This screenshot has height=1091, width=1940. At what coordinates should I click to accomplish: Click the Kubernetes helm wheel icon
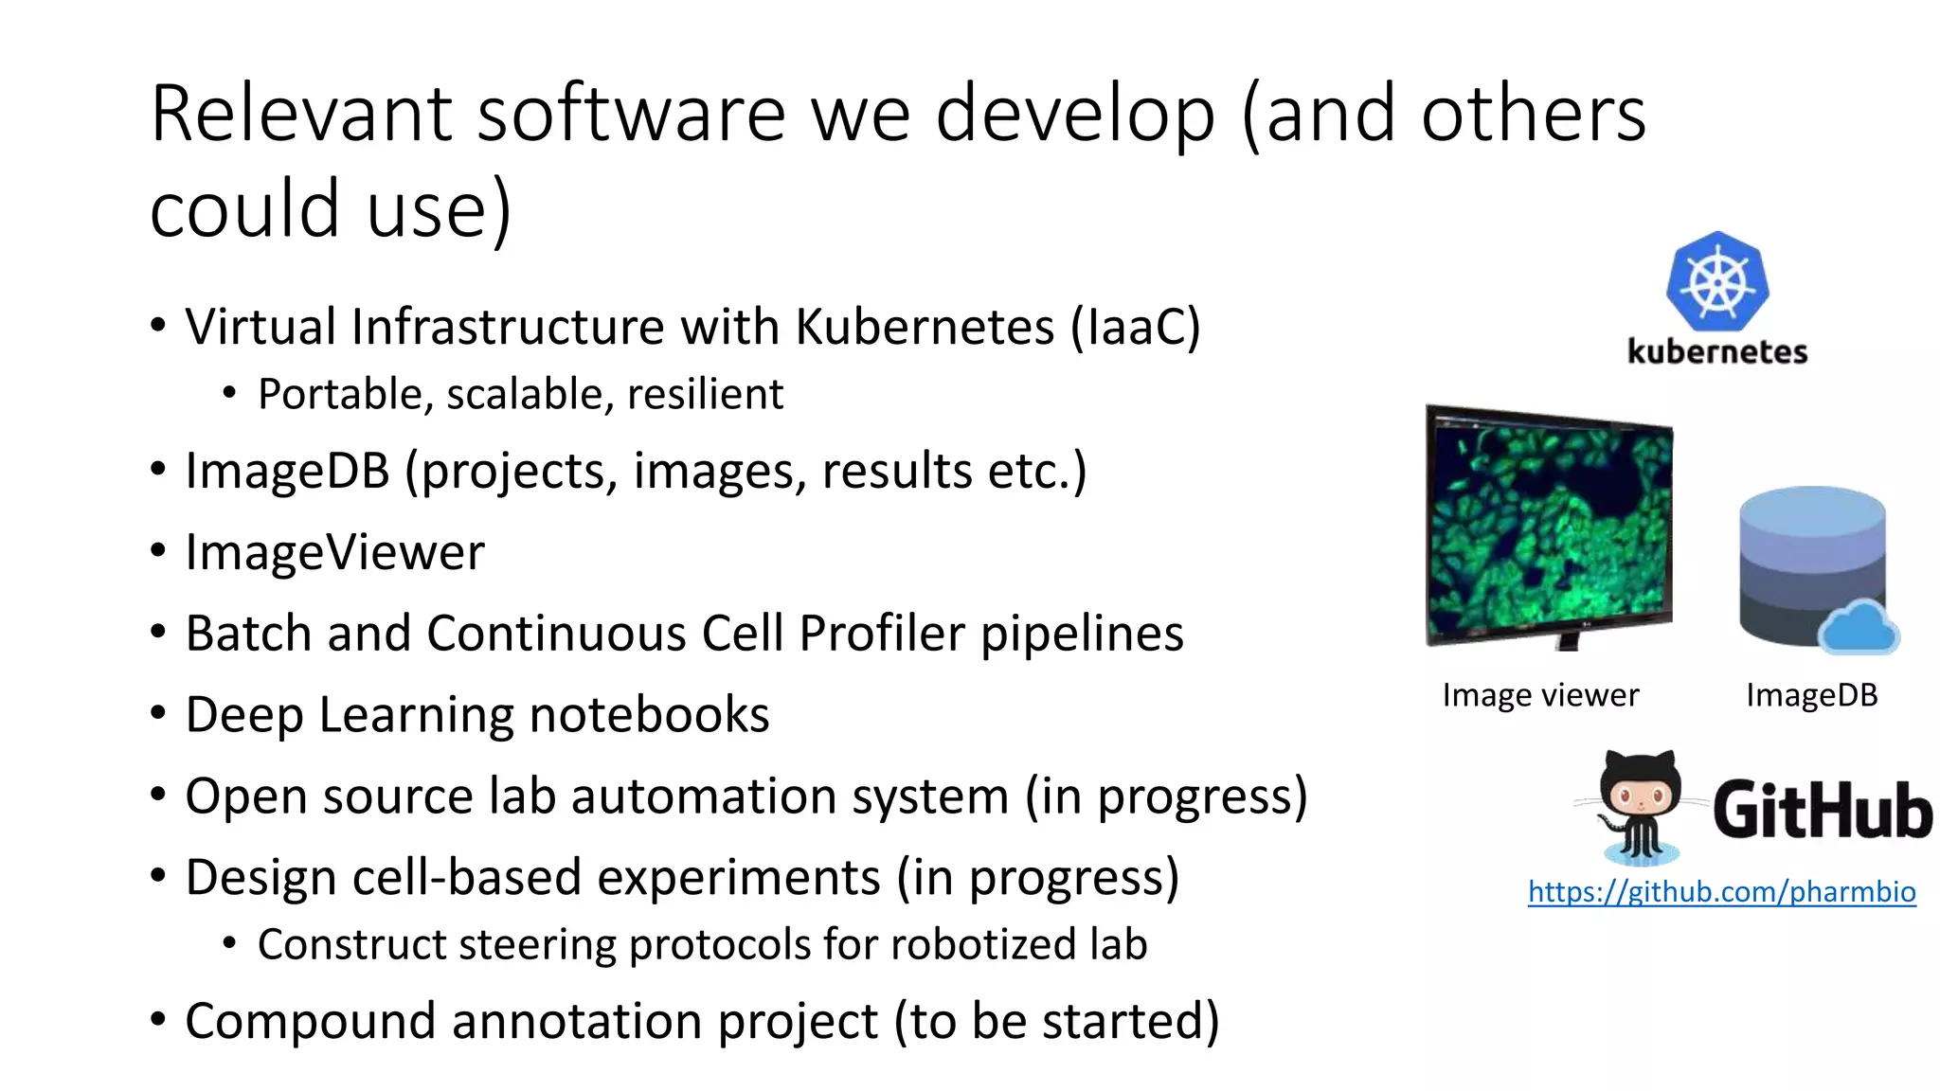[x=1717, y=281]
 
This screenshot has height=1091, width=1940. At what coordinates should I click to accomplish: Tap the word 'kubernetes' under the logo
[x=1717, y=351]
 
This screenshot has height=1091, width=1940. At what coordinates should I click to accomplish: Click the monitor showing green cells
[x=1550, y=527]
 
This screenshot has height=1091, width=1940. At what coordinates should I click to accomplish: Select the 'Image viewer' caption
[x=1540, y=695]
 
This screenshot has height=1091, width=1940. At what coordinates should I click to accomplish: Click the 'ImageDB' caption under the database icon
[x=1811, y=695]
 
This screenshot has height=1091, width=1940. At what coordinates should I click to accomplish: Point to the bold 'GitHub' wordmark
[x=1822, y=811]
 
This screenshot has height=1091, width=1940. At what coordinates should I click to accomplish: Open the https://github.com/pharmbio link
[x=1721, y=891]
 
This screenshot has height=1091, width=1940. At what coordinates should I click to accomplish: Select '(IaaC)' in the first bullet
[x=1136, y=327]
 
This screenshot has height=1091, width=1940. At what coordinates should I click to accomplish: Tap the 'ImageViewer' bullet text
[x=334, y=552]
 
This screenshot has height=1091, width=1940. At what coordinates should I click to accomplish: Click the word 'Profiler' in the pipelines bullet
[x=881, y=633]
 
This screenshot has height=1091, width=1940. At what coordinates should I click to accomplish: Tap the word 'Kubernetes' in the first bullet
[x=924, y=327]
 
